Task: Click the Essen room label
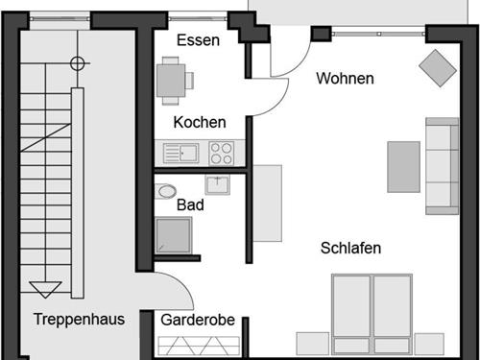(199, 40)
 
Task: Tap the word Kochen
(200, 122)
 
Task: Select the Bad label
(190, 204)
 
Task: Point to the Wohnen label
(345, 79)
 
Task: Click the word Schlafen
(350, 248)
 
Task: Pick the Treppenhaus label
(79, 319)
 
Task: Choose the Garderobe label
(198, 320)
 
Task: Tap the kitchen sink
(180, 152)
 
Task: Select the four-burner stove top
(221, 152)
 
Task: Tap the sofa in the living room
(442, 165)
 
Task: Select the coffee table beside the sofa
(403, 166)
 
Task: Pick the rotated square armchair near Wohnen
(438, 66)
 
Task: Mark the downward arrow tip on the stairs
(44, 292)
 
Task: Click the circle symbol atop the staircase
(78, 64)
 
